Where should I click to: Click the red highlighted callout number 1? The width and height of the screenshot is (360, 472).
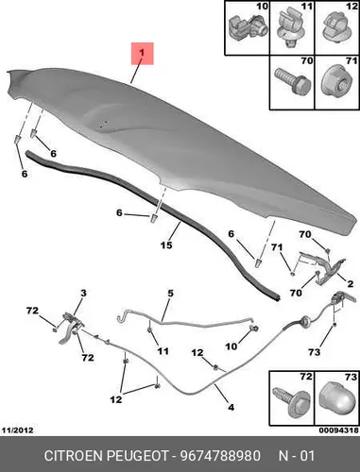(142, 53)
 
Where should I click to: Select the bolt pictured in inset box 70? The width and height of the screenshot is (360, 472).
(293, 81)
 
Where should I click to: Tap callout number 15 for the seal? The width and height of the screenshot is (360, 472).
(166, 245)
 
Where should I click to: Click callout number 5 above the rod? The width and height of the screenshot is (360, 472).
(170, 294)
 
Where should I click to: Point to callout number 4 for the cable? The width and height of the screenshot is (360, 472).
(231, 407)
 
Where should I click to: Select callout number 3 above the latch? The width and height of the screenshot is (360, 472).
(83, 294)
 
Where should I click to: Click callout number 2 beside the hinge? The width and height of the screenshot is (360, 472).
(350, 284)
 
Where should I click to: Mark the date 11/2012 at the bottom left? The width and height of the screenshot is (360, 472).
(18, 430)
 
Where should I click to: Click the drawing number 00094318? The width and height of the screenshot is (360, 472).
(339, 430)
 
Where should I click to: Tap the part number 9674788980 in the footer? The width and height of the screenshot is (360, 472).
(220, 456)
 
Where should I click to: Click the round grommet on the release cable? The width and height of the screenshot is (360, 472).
(305, 321)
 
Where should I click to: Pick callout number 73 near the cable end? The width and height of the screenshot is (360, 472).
(314, 352)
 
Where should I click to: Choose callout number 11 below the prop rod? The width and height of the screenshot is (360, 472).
(163, 351)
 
